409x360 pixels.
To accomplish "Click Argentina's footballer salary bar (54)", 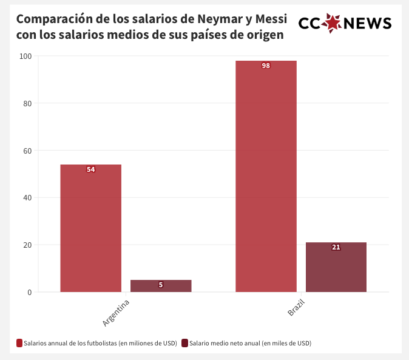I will [x=91, y=231].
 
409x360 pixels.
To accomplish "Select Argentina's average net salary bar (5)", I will [x=161, y=287].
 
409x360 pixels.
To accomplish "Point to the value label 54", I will [x=91, y=169].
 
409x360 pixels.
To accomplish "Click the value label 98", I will [x=266, y=66].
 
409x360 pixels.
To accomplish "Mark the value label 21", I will [x=336, y=247].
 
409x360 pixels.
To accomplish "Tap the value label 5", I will [x=161, y=284].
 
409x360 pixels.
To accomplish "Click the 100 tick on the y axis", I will [x=25, y=56].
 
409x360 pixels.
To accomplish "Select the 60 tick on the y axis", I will [x=27, y=151].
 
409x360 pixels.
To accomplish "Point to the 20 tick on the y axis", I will [x=27, y=245].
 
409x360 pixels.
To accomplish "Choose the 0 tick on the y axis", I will [x=29, y=292].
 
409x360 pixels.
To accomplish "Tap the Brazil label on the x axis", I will [x=296, y=308].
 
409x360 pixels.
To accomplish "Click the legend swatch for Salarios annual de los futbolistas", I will [x=19, y=343].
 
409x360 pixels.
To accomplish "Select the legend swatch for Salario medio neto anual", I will [x=184, y=343].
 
